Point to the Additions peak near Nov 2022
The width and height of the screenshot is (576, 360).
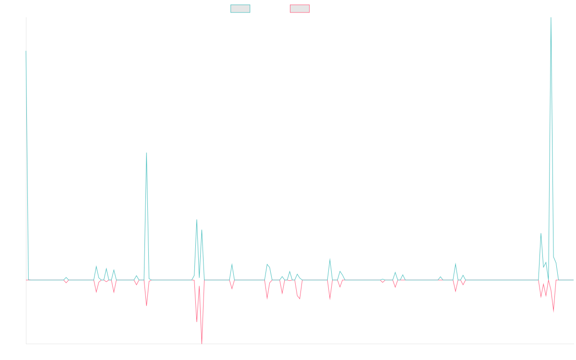pos(146,153)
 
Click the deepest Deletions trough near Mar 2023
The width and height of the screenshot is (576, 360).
pos(202,343)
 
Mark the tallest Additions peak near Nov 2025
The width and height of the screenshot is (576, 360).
pos(551,18)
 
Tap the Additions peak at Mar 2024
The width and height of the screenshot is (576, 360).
pos(330,259)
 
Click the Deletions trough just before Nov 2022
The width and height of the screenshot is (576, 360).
pos(146,305)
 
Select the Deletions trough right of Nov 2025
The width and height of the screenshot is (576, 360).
pos(553,312)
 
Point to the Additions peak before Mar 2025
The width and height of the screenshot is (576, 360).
pos(456,263)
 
